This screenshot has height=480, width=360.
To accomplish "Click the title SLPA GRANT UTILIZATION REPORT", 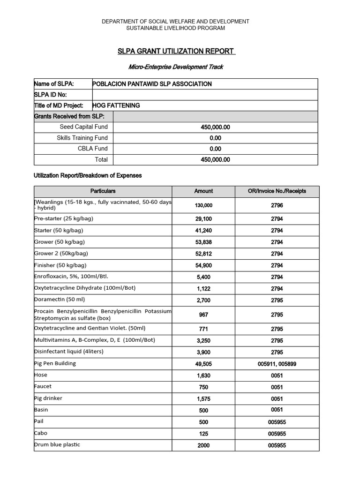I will (x=176, y=51).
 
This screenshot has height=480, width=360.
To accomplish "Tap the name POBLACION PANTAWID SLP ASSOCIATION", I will (x=152, y=84).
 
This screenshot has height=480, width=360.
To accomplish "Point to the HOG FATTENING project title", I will (x=116, y=105).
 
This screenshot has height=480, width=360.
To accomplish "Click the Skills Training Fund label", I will (x=82, y=138).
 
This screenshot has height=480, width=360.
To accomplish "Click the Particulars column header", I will (x=103, y=191).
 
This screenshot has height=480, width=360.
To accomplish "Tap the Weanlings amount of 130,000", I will (x=203, y=205).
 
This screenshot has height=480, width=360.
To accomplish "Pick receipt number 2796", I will (x=277, y=205).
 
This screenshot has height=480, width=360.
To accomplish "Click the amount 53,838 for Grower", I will (x=203, y=242).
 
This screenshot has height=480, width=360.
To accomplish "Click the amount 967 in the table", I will (x=203, y=315).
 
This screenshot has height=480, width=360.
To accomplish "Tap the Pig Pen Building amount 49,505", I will (x=203, y=364).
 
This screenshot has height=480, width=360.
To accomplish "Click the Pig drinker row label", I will (x=48, y=398).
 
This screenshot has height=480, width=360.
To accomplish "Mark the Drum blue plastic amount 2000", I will (x=203, y=445).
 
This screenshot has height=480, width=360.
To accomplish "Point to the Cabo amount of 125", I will (x=203, y=434).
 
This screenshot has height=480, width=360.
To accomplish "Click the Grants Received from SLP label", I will (x=69, y=116).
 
